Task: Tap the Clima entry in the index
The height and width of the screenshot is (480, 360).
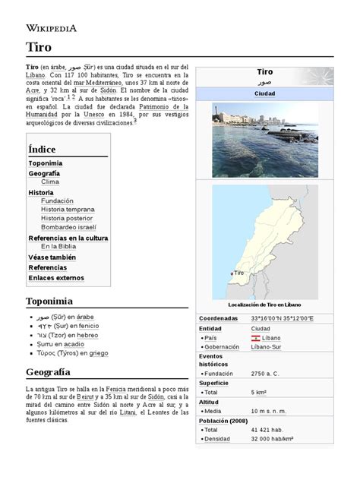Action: [x=50, y=182]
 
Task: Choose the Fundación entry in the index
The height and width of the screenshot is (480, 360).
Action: [x=58, y=201]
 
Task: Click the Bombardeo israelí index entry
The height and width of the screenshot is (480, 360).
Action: [x=68, y=227]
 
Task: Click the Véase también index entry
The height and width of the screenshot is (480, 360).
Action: [x=53, y=257]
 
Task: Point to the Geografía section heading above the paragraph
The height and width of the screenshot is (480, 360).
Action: [x=48, y=372]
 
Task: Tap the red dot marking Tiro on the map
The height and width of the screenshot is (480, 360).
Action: [x=231, y=273]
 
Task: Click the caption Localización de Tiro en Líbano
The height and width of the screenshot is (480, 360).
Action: [x=265, y=304]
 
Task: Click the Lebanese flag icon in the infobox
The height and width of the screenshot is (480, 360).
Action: [x=257, y=337]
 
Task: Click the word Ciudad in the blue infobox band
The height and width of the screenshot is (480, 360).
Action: [x=265, y=94]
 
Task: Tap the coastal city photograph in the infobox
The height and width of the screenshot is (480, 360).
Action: [x=265, y=140]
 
